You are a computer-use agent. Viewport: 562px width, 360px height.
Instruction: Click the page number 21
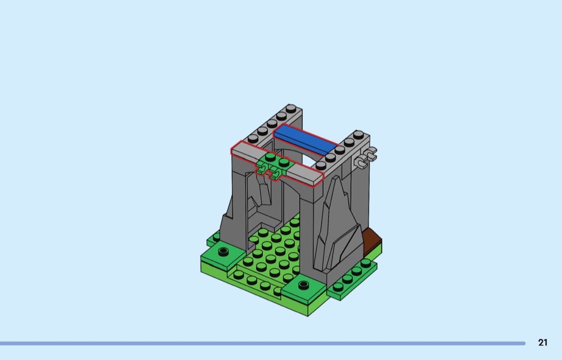click(543, 342)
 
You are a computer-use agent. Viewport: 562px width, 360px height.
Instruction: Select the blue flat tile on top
click(306, 140)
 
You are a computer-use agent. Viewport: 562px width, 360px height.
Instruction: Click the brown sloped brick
click(372, 242)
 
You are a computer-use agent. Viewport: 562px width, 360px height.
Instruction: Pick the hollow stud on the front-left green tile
click(224, 251)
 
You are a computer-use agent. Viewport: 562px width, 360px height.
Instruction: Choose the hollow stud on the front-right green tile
click(303, 285)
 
